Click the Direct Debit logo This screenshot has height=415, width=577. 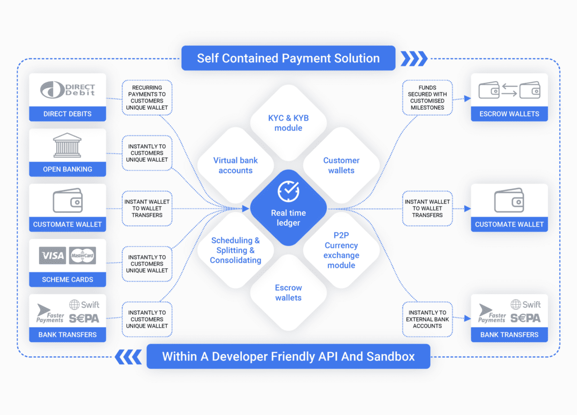[x=67, y=90]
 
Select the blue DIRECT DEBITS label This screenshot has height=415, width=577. [x=67, y=114]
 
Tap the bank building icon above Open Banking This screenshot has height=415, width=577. [x=67, y=145]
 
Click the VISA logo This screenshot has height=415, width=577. [x=52, y=256]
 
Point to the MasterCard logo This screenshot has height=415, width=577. [x=82, y=256]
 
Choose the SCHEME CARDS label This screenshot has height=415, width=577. [x=67, y=279]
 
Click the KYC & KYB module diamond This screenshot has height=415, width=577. [x=288, y=123]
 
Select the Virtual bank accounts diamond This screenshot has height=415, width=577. [x=235, y=165]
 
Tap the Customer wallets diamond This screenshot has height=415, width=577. [x=341, y=165]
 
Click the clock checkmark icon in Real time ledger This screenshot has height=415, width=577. [x=288, y=191]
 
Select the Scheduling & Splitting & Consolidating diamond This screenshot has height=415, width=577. [x=235, y=250]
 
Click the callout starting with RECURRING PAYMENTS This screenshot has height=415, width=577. [x=147, y=97]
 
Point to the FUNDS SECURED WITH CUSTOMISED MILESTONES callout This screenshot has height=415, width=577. [x=427, y=97]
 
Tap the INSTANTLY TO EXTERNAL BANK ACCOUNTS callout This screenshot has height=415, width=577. [x=427, y=319]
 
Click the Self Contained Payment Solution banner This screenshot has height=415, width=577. [x=288, y=58]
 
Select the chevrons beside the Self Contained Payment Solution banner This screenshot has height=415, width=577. [x=413, y=58]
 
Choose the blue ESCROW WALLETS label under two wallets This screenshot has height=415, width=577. [x=509, y=114]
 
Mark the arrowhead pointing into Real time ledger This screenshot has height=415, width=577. [x=246, y=208]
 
